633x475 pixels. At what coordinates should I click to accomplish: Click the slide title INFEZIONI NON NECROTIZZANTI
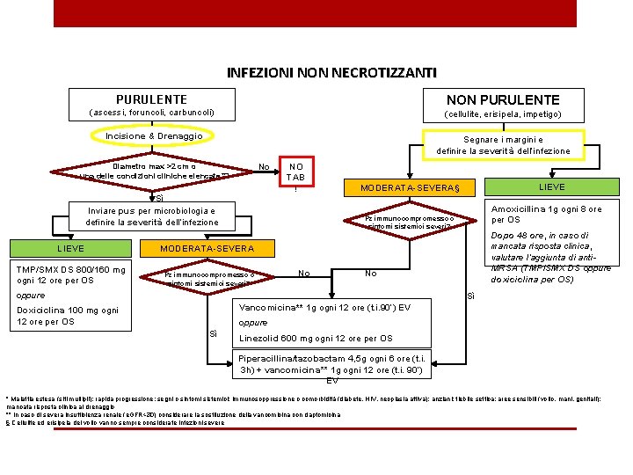[331, 72]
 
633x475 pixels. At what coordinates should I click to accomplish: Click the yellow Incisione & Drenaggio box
[154, 136]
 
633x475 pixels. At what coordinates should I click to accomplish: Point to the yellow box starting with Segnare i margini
[503, 145]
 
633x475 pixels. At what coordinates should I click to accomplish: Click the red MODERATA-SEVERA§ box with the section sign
[417, 188]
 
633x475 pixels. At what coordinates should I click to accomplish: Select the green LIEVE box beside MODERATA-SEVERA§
[552, 186]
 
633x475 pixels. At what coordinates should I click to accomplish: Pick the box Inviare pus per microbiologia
[152, 216]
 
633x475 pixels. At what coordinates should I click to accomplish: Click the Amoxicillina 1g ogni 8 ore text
[546, 215]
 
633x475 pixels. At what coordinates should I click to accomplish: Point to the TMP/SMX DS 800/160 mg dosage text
[71, 275]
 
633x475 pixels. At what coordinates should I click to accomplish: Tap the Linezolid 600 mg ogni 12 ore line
[316, 339]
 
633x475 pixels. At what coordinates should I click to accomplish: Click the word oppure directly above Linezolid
[253, 323]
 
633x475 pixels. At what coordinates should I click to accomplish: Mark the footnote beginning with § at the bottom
[114, 422]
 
